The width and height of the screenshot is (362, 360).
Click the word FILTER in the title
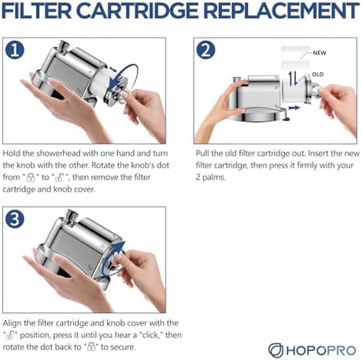coord(37,11)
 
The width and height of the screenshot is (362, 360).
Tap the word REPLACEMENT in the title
coord(281,11)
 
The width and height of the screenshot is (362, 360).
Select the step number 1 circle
coord(15,50)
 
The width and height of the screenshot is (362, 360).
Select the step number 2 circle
coord(205,50)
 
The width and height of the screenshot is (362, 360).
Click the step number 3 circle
coord(15,219)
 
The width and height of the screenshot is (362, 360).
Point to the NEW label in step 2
coord(320,53)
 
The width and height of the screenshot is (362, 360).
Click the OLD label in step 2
coord(318,75)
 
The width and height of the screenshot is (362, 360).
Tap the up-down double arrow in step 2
coord(293,79)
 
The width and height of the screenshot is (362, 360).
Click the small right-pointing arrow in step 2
coord(294,108)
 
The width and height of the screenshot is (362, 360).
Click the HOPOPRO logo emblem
coord(275,350)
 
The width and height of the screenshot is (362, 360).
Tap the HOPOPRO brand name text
coord(321,351)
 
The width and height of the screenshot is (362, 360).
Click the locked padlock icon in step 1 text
coord(31,178)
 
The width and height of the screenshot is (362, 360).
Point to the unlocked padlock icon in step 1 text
coord(59,178)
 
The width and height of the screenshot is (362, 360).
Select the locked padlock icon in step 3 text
coord(91,347)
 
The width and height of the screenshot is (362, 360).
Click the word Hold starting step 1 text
coord(11,153)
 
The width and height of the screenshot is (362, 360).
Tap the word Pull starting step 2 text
coord(202,153)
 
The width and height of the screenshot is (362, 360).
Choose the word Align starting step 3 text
coord(12,323)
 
